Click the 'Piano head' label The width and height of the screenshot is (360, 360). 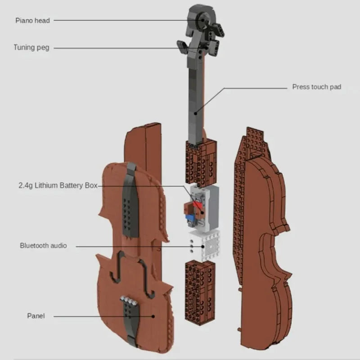(33, 20)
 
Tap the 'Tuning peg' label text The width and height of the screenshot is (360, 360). (31, 47)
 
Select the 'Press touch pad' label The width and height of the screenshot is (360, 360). (316, 87)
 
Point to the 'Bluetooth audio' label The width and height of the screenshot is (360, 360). (43, 245)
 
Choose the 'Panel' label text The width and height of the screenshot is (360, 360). (36, 316)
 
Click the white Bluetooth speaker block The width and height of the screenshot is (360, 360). (204, 246)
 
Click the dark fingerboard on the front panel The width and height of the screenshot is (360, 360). (130, 202)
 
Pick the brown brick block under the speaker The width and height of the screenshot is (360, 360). (200, 292)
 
